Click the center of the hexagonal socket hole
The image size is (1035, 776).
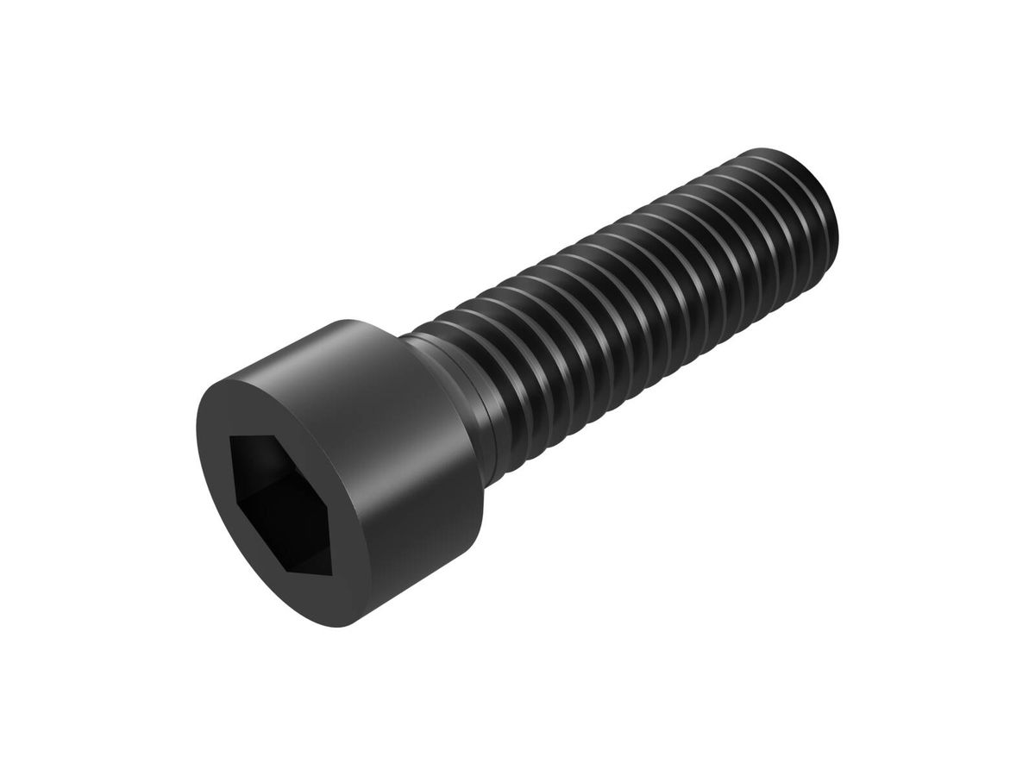pos(279,494)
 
